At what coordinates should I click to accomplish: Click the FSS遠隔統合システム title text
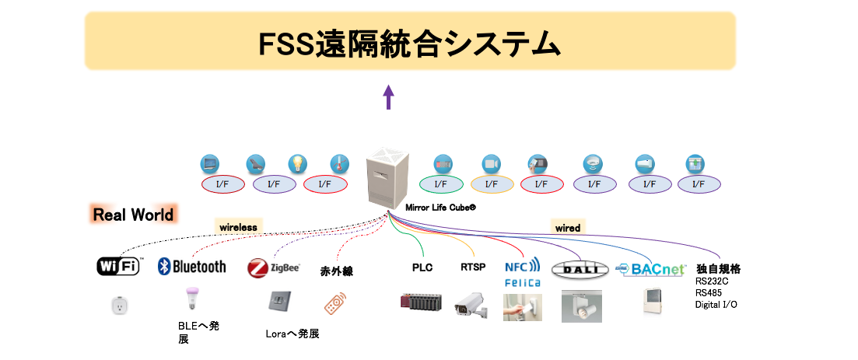[410, 43]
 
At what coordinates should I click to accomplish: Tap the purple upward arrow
[389, 97]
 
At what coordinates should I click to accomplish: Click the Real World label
[133, 215]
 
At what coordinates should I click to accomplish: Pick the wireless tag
[237, 227]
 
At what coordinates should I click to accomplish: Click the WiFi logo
[118, 266]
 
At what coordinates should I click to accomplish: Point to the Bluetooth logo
[192, 266]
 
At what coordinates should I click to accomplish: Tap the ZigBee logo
[274, 268]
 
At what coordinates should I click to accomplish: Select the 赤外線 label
[337, 271]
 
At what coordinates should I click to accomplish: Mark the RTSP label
[472, 267]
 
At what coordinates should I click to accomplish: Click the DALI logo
[578, 270]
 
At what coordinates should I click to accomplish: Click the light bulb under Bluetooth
[188, 299]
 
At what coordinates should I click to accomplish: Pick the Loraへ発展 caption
[292, 334]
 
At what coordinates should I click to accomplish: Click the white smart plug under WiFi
[118, 305]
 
